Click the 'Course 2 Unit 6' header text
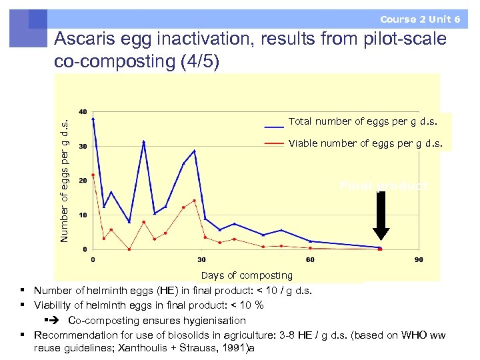[x=420, y=19]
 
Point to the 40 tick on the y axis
[x=83, y=111]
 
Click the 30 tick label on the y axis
[x=83, y=146]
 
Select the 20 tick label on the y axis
[x=83, y=181]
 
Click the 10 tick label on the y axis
[x=83, y=215]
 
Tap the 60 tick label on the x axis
[x=310, y=259]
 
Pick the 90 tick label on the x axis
[x=419, y=259]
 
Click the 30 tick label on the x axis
[x=201, y=259]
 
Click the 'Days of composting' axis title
[x=247, y=275]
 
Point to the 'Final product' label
[x=383, y=186]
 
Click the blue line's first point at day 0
[x=93, y=119]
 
